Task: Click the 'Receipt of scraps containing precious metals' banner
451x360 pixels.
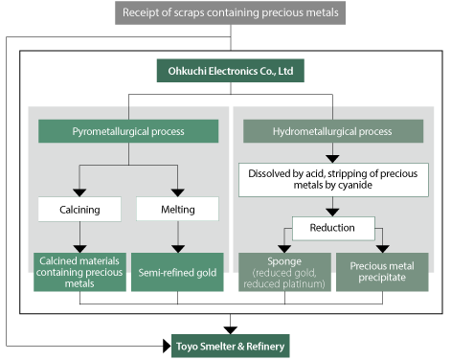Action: [231, 13]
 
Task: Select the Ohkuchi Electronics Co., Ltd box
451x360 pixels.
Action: [225, 72]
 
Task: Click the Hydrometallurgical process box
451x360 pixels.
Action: [331, 130]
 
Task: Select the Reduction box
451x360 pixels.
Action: [331, 228]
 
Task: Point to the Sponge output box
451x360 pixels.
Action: [284, 271]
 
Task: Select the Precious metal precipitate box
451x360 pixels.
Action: [382, 271]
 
